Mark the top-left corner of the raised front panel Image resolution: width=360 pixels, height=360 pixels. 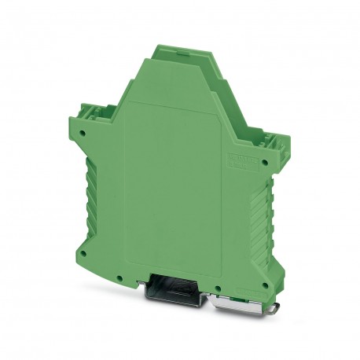[x=128, y=103]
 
